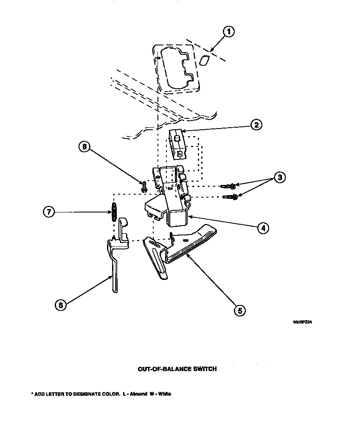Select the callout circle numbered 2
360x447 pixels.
(x=256, y=125)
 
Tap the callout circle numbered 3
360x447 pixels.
(x=279, y=177)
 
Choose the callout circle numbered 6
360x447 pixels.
(x=60, y=305)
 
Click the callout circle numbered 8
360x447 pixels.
(x=84, y=147)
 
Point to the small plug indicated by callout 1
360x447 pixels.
(x=204, y=60)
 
